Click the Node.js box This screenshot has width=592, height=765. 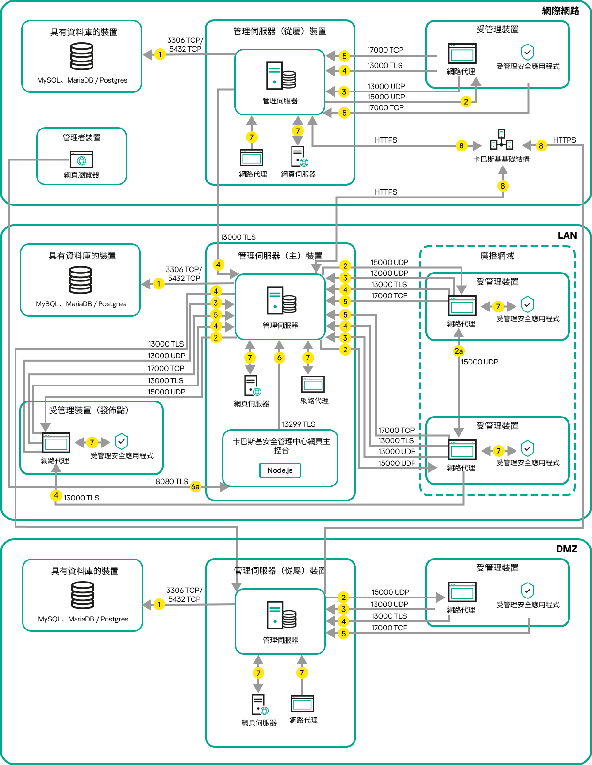tap(280, 470)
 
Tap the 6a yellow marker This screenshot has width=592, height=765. tap(195, 487)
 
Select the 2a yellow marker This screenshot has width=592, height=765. tap(459, 351)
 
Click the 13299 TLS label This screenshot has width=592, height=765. tap(299, 424)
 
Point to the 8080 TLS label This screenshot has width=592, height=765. tap(172, 481)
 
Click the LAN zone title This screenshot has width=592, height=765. tap(567, 235)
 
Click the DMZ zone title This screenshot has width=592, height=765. tap(566, 549)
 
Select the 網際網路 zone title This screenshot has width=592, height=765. tap(560, 11)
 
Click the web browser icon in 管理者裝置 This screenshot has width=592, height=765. tap(82, 159)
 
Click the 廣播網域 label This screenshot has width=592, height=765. tap(497, 256)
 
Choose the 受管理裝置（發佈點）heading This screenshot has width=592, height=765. tap(89, 410)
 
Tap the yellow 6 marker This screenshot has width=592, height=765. tap(279, 358)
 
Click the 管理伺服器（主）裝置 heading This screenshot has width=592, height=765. tap(280, 256)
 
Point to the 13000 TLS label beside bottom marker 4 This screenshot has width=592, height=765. tap(82, 498)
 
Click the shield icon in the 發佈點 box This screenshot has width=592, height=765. tap(122, 441)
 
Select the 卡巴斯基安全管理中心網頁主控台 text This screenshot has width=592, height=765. tap(281, 446)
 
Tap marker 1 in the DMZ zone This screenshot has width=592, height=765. tap(159, 604)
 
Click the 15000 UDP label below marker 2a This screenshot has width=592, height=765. tap(479, 362)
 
